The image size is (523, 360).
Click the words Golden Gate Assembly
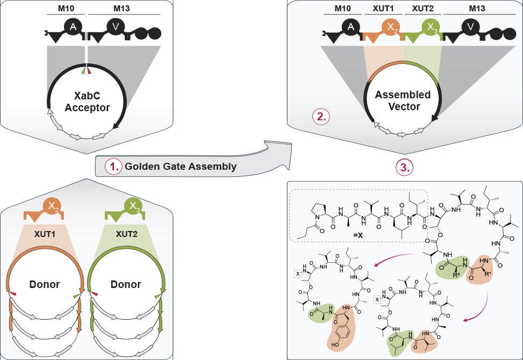(x=180, y=166)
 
